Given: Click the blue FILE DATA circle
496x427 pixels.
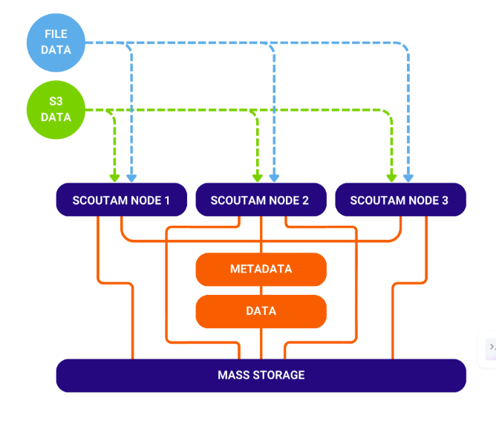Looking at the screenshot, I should tap(56, 42).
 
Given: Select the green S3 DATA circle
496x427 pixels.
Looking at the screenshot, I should tap(56, 110).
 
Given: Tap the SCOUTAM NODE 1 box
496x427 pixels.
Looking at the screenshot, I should tap(120, 200).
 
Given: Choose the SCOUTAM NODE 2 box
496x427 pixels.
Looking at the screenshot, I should tap(261, 200).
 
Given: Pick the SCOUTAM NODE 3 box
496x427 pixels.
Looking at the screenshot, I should tap(400, 200).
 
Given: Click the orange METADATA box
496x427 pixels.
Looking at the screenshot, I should tap(261, 269).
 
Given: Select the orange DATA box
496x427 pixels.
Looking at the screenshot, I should tap(261, 311).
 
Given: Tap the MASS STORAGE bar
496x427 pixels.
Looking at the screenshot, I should tap(261, 375).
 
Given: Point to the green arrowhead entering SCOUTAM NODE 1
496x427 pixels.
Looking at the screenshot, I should tap(114, 177).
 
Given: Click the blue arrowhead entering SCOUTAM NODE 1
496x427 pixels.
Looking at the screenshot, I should tap(131, 177).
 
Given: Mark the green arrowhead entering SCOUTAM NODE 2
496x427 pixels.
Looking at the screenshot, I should tap(258, 177).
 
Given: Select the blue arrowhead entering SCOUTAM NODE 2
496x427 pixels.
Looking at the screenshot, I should tap(274, 177).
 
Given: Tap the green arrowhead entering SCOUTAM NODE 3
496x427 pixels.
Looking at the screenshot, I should tap(391, 177).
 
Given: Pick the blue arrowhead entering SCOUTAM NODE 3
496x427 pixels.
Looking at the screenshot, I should tap(408, 177).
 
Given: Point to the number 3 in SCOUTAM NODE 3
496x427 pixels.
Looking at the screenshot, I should tap(445, 201).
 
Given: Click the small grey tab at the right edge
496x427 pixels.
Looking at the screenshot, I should tap(491, 348).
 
